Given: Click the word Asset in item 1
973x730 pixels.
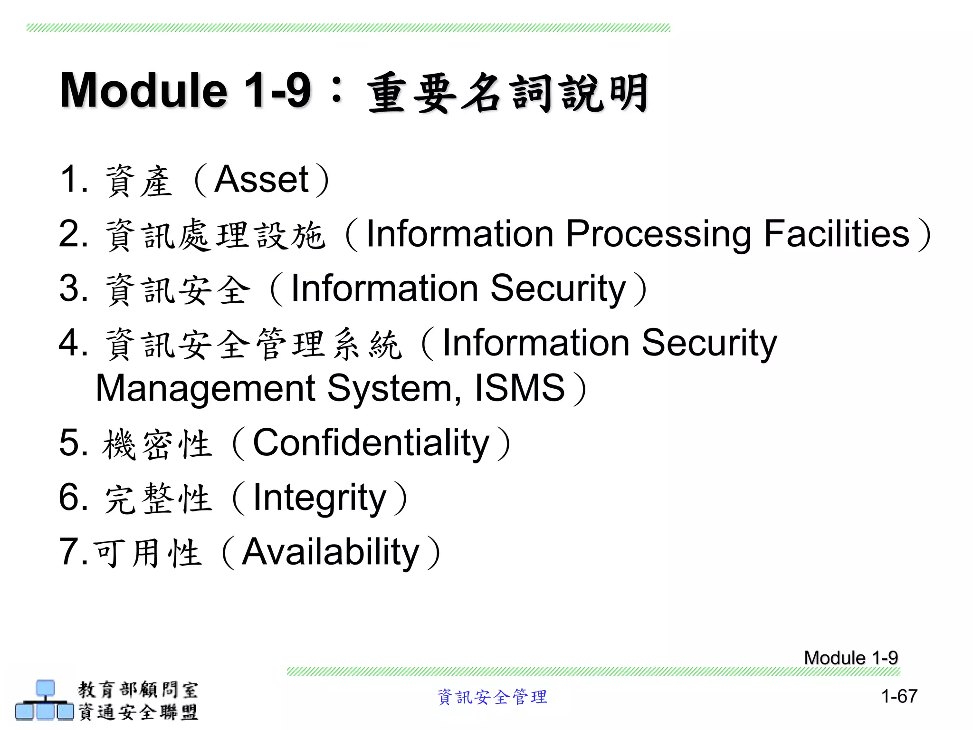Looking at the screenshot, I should (262, 180).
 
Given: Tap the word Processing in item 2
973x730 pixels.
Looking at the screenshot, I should (658, 235).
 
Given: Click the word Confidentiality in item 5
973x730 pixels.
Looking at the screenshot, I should (371, 443).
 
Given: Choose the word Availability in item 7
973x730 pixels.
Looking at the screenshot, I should (331, 552).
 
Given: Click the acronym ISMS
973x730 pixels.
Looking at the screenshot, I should (520, 388).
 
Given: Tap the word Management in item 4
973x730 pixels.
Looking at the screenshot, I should (205, 389).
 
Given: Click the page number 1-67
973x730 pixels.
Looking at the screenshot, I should (899, 696).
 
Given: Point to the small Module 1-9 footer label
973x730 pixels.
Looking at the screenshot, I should (850, 658).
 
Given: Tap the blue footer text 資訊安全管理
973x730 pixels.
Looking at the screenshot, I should (492, 697).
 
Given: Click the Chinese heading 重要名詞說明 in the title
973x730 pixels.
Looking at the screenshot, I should (507, 93).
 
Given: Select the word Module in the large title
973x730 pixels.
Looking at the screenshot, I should (143, 90).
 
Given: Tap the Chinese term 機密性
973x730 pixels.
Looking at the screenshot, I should (157, 444).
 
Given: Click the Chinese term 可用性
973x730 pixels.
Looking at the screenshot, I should (147, 554).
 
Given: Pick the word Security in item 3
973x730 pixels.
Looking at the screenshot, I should (558, 288).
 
